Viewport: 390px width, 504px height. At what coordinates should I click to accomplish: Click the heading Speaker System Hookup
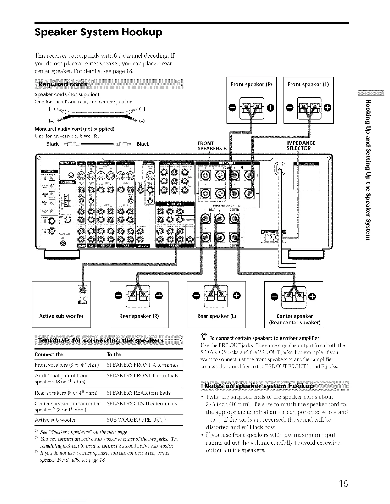pos(99,32)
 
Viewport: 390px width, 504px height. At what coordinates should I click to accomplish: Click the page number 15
pos(343,484)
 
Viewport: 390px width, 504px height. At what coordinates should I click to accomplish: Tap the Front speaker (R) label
pos(251,84)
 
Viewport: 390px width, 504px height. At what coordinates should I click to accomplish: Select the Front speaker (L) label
pos(308,84)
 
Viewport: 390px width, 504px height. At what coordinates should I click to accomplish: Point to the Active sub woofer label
pos(61,316)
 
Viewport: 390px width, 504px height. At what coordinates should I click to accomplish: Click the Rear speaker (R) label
pos(139,316)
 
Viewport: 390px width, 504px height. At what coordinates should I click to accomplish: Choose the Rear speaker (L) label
pos(217,316)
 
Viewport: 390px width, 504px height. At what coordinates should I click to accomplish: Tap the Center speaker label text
pos(294,316)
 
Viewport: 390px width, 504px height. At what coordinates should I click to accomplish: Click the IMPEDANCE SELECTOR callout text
pos(301,146)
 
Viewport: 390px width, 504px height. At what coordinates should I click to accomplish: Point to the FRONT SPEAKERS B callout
pos(212,146)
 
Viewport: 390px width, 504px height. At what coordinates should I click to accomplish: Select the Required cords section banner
pos(62,84)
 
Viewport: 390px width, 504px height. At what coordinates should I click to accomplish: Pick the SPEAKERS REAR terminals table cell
pos(138,393)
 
